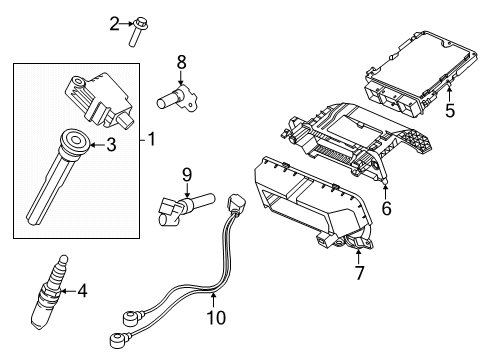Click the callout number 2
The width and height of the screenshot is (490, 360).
(x=114, y=22)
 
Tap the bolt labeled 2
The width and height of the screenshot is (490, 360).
(x=134, y=30)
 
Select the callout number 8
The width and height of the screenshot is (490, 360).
(x=181, y=62)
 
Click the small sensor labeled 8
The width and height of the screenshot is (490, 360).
(x=171, y=99)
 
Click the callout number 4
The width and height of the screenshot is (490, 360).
(x=82, y=292)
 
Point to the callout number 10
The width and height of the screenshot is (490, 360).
(x=216, y=318)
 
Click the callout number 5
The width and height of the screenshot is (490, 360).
(x=450, y=111)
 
